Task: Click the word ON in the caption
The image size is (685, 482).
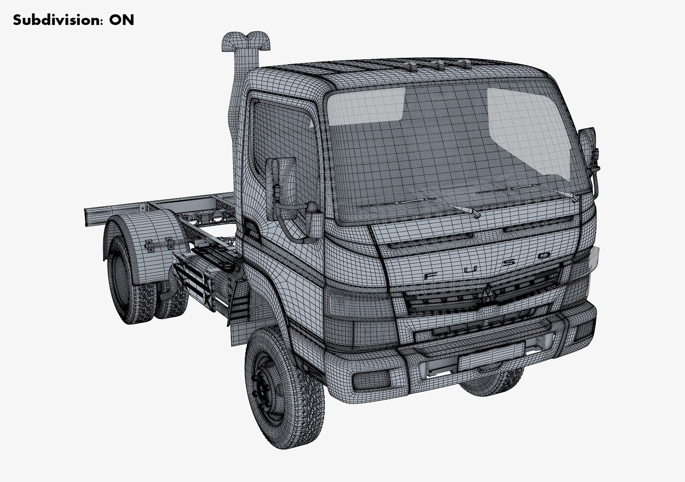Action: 122,20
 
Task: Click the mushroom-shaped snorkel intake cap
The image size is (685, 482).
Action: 246,40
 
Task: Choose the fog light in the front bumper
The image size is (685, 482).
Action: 371,379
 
